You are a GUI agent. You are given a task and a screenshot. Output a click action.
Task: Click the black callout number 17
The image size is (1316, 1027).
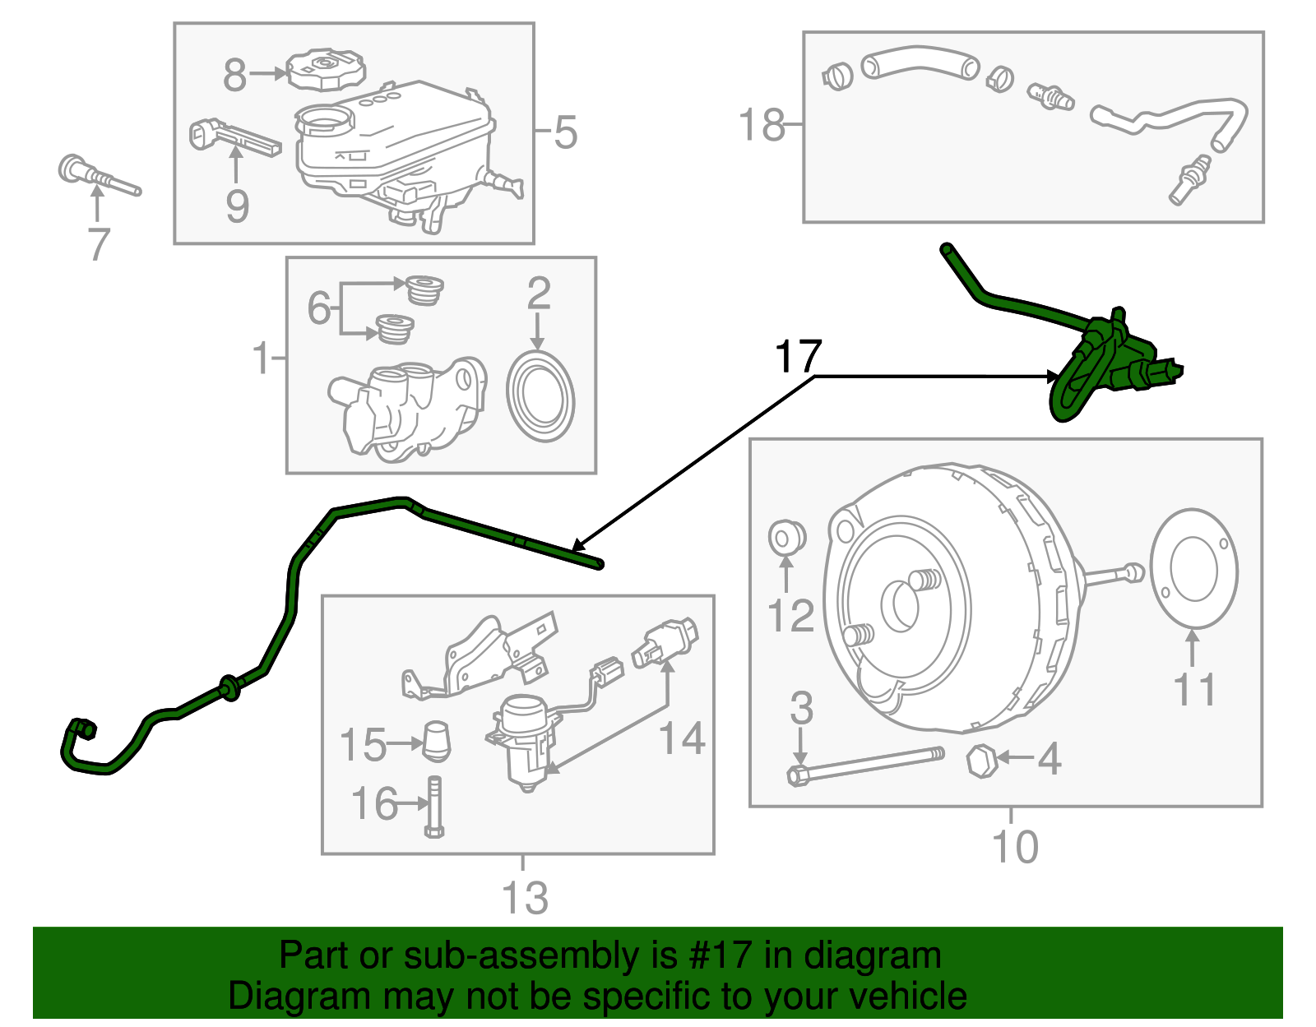798,356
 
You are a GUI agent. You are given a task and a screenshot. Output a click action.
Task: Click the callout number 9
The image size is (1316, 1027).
237,206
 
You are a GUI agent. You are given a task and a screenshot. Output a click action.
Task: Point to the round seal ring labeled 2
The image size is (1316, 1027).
540,398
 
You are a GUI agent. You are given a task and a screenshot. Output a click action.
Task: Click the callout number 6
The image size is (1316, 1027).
318,308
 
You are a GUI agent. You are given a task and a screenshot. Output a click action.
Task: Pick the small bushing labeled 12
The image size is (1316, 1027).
786,537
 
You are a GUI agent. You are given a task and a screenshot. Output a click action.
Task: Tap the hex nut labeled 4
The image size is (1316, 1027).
981,761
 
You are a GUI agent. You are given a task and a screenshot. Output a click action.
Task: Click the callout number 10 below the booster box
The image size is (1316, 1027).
1015,846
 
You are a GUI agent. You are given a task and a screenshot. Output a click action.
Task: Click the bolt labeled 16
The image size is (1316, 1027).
434,807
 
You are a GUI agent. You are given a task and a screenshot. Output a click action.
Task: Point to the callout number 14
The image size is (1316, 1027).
683,738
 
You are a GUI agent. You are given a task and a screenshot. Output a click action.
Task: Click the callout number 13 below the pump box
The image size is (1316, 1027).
525,897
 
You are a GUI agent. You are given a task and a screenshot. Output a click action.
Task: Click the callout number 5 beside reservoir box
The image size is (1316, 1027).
565,132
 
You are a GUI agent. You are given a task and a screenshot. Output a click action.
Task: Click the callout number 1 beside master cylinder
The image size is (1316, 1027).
262,358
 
